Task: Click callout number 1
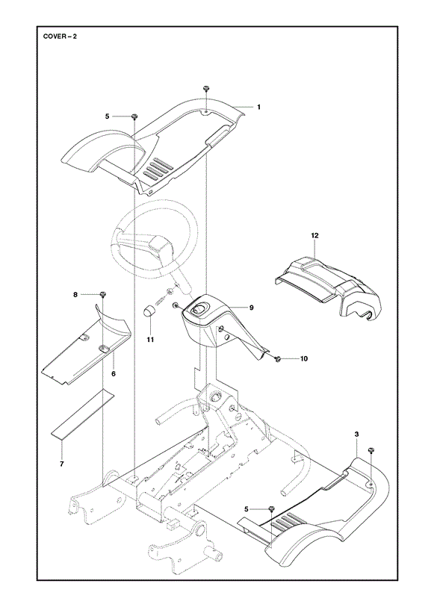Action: click(x=259, y=107)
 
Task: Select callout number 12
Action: click(x=314, y=235)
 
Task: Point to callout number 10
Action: click(x=304, y=359)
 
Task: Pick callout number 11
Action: click(x=150, y=340)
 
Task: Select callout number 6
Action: click(x=114, y=374)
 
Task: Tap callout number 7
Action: click(x=61, y=464)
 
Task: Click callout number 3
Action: click(x=356, y=435)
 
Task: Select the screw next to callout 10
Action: click(x=278, y=359)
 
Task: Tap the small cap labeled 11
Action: click(x=149, y=322)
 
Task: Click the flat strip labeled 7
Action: click(x=83, y=414)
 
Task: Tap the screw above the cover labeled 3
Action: click(x=371, y=451)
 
